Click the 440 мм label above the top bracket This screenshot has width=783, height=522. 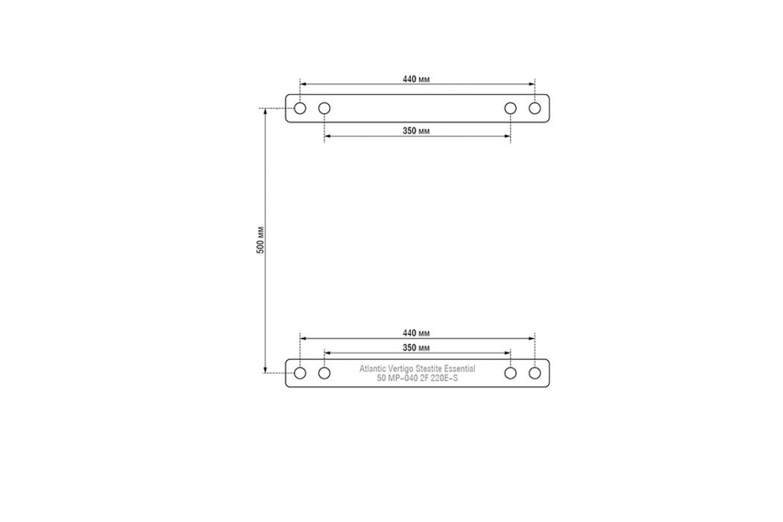tap(416, 79)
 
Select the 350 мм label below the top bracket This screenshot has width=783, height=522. tap(416, 130)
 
